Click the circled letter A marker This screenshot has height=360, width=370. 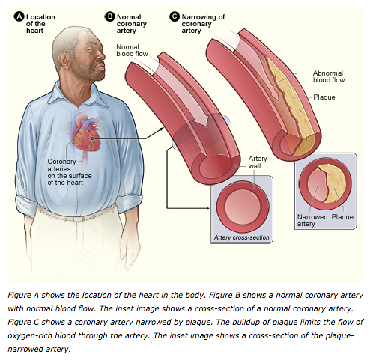pyautogui.click(x=19, y=17)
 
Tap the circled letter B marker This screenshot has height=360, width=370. pyautogui.click(x=109, y=17)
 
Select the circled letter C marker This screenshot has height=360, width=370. pyautogui.click(x=175, y=17)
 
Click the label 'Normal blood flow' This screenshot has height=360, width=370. pyautogui.click(x=132, y=50)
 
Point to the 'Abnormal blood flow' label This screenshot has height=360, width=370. pyautogui.click(x=329, y=76)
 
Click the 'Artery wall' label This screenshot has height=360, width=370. pyautogui.click(x=258, y=162)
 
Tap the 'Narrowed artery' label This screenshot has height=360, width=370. pyautogui.click(x=312, y=220)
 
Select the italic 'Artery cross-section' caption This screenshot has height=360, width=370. pyautogui.click(x=242, y=237)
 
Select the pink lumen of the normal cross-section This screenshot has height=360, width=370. pyautogui.click(x=243, y=207)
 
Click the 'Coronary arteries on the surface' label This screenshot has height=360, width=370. pyautogui.click(x=70, y=172)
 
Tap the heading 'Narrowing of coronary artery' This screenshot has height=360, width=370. pyautogui.click(x=203, y=24)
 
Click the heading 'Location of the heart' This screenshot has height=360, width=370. pyautogui.click(x=40, y=24)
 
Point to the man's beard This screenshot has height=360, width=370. pyautogui.click(x=91, y=71)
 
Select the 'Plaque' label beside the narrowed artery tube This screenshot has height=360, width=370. pyautogui.click(x=324, y=97)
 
